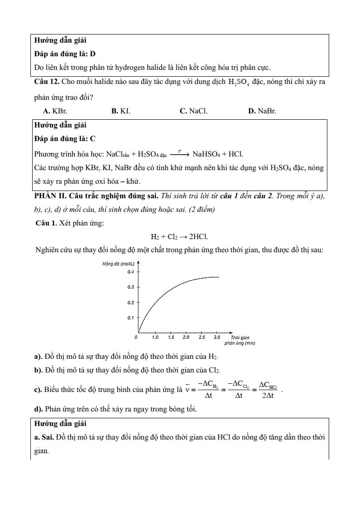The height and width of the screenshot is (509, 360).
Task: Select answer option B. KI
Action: tap(121, 110)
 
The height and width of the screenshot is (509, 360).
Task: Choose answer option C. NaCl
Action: tap(194, 110)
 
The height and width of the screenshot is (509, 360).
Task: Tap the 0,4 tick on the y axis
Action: tap(131, 272)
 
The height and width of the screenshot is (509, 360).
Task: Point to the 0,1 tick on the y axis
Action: tap(131, 318)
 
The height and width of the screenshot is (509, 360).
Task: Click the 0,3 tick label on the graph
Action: tap(131, 287)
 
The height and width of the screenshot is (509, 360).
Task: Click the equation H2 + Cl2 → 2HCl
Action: tap(180, 236)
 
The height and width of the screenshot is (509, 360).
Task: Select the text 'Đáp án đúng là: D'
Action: tap(65, 54)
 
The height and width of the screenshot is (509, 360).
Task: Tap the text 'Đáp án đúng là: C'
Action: tap(65, 138)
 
